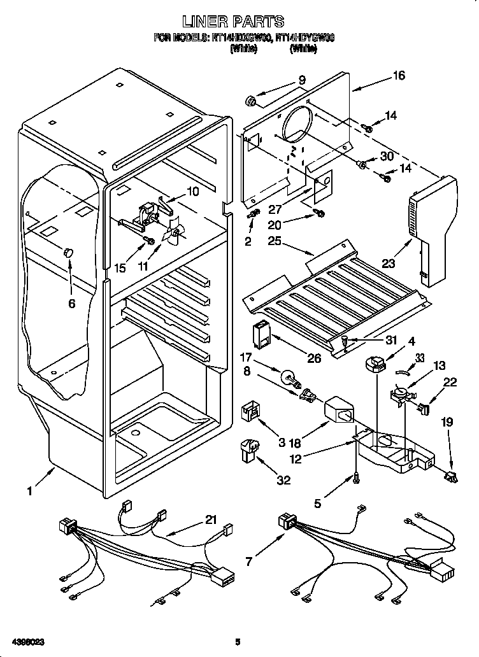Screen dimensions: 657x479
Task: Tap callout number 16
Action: [399, 75]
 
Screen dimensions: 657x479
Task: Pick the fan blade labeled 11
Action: [173, 234]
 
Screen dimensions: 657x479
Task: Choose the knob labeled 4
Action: [375, 365]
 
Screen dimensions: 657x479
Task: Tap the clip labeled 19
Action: [453, 475]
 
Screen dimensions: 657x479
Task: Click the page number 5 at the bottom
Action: [238, 641]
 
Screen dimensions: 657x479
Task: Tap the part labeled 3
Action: [250, 413]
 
